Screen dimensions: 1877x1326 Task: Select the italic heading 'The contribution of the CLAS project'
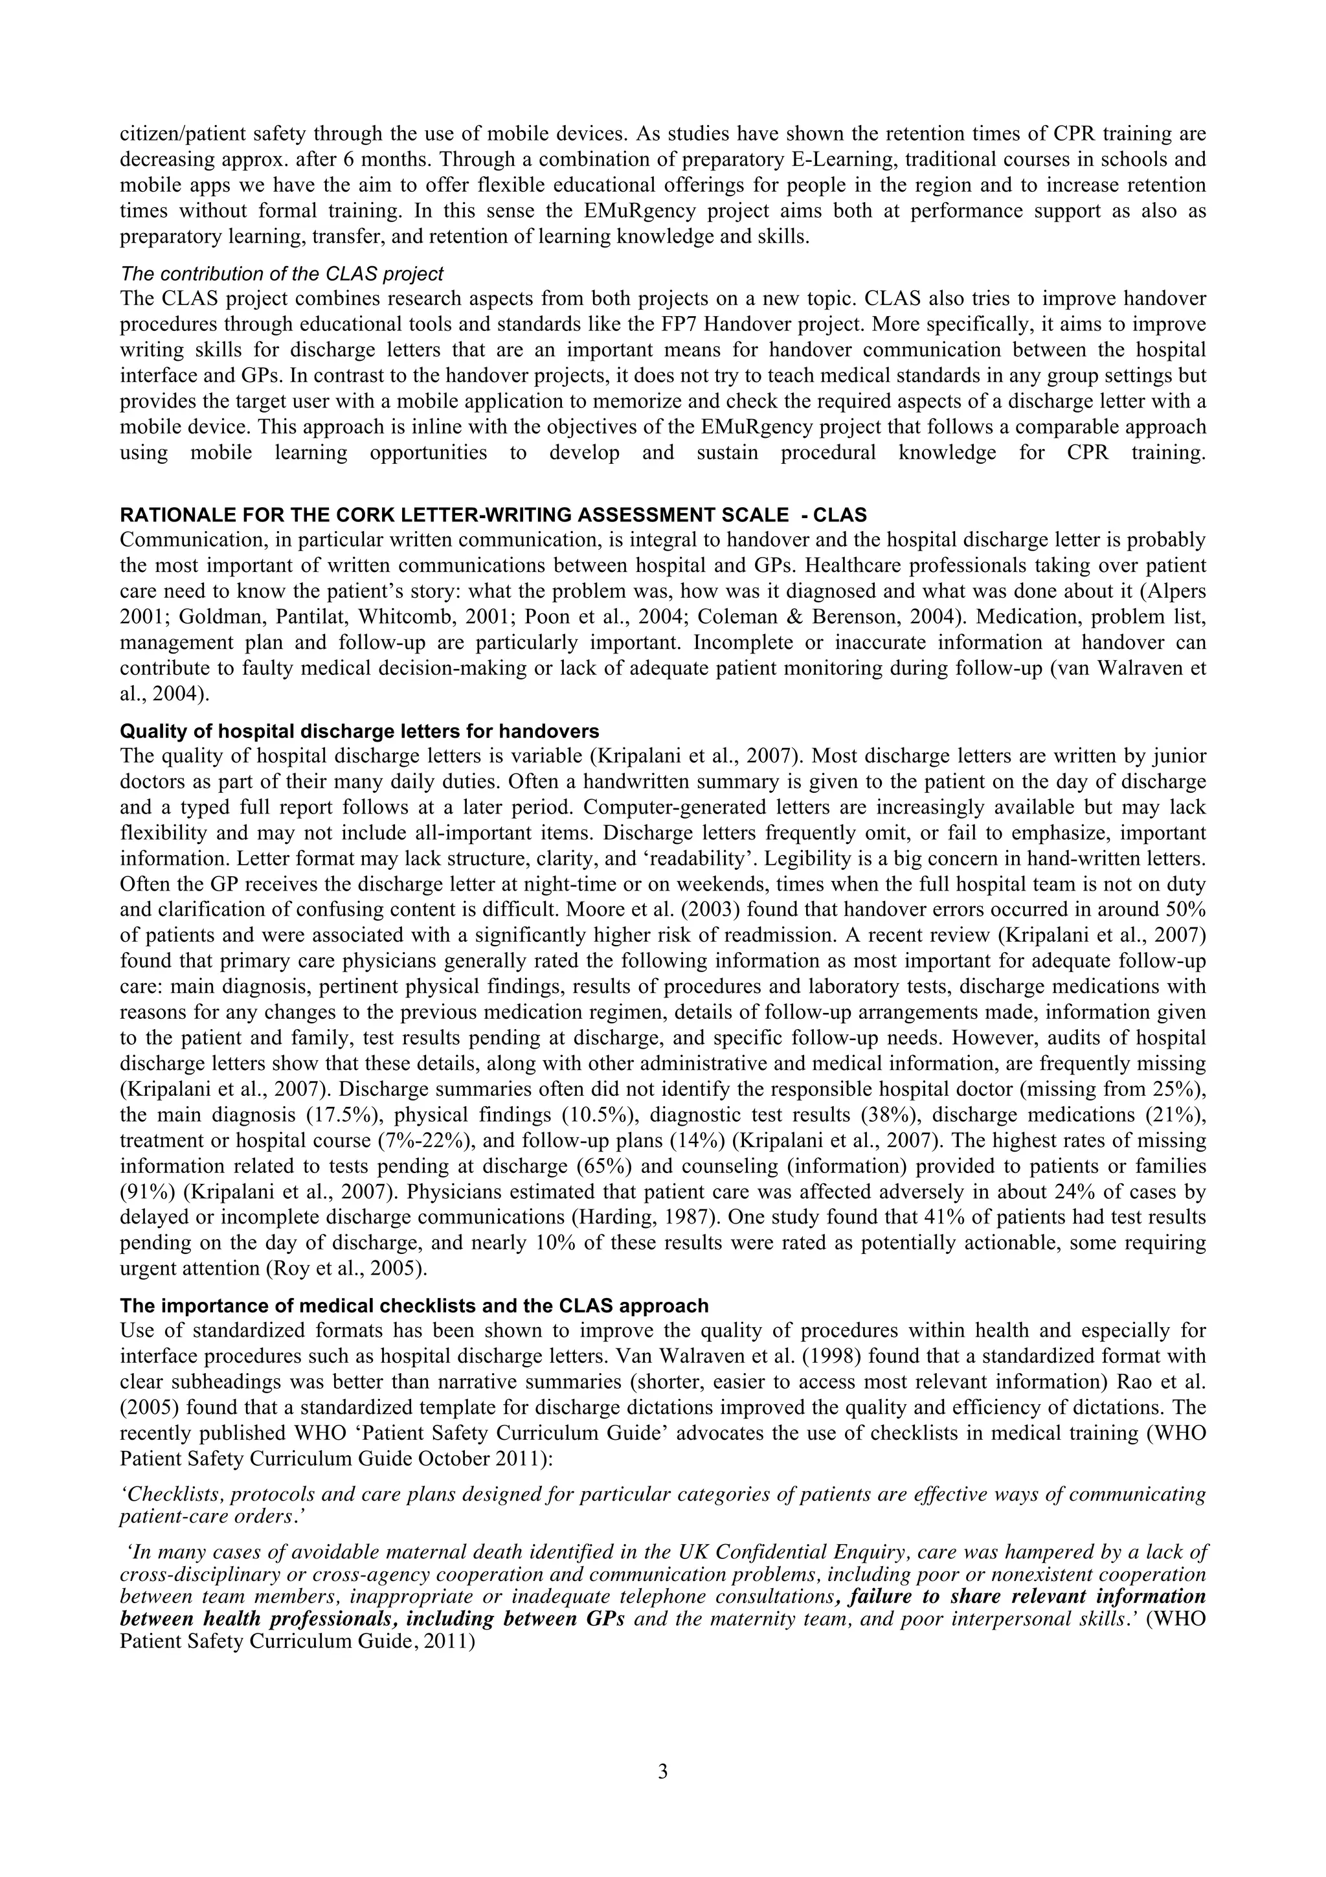point(282,273)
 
